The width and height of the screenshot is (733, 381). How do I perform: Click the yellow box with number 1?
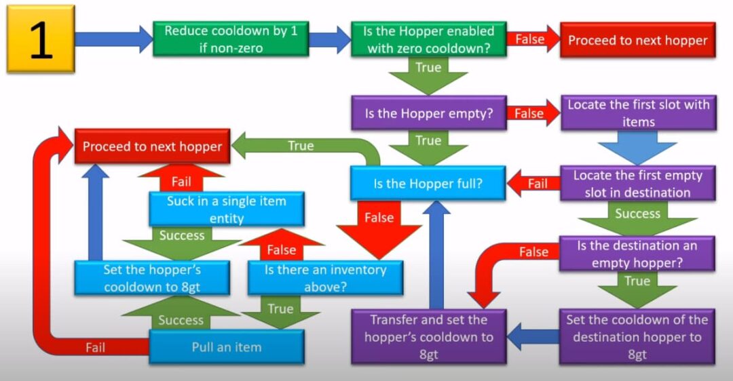pyautogui.click(x=40, y=39)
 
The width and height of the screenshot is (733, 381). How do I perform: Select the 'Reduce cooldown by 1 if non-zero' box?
pyautogui.click(x=231, y=39)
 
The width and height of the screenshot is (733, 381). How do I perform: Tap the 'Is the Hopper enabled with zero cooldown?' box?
pyautogui.click(x=428, y=39)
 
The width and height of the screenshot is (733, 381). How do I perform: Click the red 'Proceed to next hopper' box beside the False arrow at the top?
pyautogui.click(x=637, y=41)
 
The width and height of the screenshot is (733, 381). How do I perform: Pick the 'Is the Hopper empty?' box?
pyautogui.click(x=428, y=113)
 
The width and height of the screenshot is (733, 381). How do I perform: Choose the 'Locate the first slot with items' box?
pyautogui.click(x=638, y=113)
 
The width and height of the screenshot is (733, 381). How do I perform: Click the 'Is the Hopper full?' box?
pyautogui.click(x=428, y=183)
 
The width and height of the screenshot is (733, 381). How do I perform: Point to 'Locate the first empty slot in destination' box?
pyautogui.click(x=637, y=183)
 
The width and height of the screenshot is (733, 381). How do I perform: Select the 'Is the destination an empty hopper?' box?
pyautogui.click(x=637, y=254)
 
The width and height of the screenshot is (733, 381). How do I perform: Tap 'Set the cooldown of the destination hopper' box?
pyautogui.click(x=637, y=337)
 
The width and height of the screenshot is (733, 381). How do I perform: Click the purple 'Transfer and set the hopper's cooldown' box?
pyautogui.click(x=428, y=337)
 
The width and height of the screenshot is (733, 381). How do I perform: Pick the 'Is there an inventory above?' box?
pyautogui.click(x=325, y=277)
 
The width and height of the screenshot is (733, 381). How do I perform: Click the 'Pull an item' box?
pyautogui.click(x=226, y=347)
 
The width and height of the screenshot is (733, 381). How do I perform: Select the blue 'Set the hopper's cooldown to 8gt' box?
pyautogui.click(x=151, y=277)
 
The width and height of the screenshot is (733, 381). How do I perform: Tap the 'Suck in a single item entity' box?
pyautogui.click(x=226, y=209)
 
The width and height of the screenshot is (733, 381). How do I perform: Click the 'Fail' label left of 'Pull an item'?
pyautogui.click(x=96, y=347)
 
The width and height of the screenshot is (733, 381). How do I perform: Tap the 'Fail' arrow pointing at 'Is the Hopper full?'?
pyautogui.click(x=533, y=183)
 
